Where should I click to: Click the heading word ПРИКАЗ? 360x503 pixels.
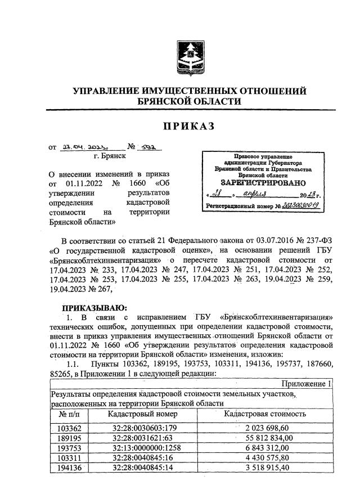tap(189, 127)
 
